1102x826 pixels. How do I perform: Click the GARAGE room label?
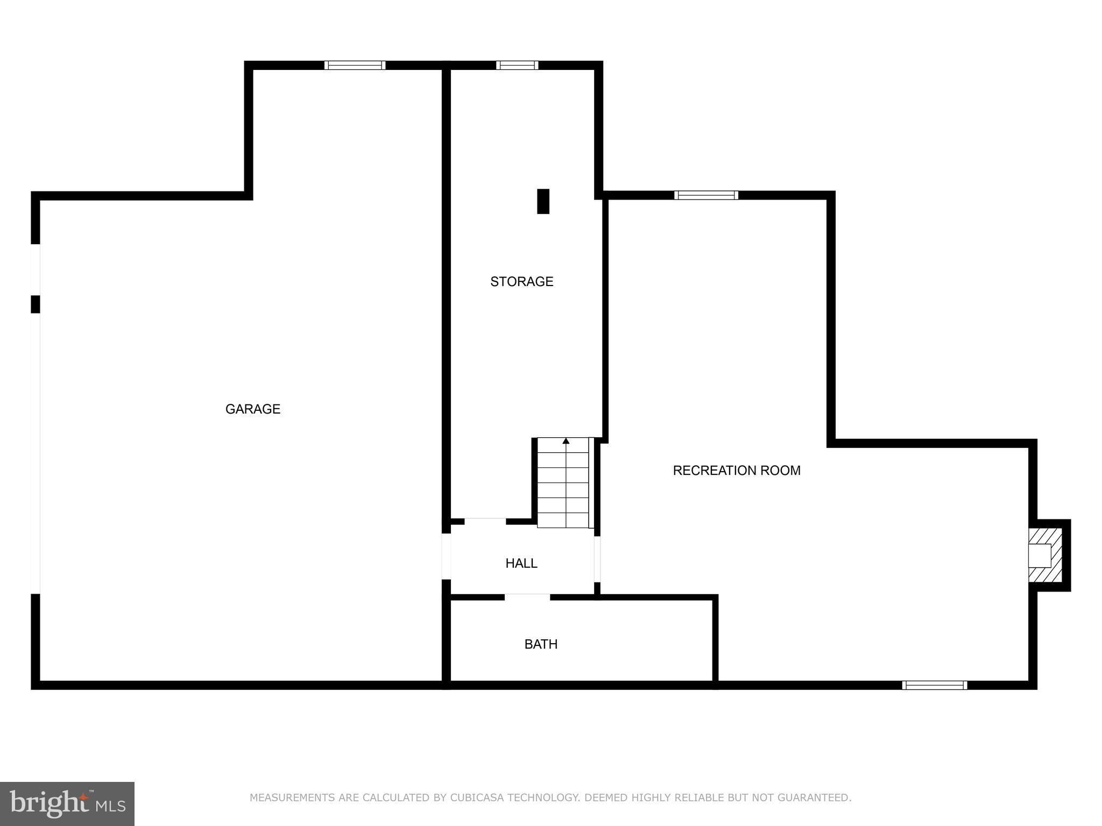click(x=253, y=409)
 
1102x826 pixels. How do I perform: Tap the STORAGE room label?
click(x=521, y=282)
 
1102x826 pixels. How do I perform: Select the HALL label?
click(x=521, y=563)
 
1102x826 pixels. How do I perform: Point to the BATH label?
click(x=541, y=644)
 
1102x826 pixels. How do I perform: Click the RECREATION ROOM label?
click(x=736, y=471)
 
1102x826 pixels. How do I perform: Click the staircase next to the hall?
click(x=564, y=484)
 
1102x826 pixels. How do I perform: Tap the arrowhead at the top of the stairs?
click(x=566, y=441)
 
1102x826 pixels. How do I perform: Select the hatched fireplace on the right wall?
click(x=1045, y=555)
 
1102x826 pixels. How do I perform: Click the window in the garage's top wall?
click(x=355, y=65)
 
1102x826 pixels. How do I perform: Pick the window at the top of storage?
click(x=517, y=65)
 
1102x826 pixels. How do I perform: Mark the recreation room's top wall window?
click(x=706, y=195)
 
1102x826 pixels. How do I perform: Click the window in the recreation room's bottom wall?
click(x=935, y=685)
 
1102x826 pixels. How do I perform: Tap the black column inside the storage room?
click(x=543, y=202)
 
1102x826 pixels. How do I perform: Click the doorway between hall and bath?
click(x=527, y=596)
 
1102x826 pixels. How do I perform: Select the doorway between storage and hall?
click(x=485, y=521)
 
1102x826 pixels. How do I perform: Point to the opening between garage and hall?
click(x=446, y=556)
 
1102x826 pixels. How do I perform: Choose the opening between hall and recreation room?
click(x=597, y=559)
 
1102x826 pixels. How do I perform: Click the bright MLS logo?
click(x=67, y=804)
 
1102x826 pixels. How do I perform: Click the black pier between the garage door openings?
click(x=36, y=304)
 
